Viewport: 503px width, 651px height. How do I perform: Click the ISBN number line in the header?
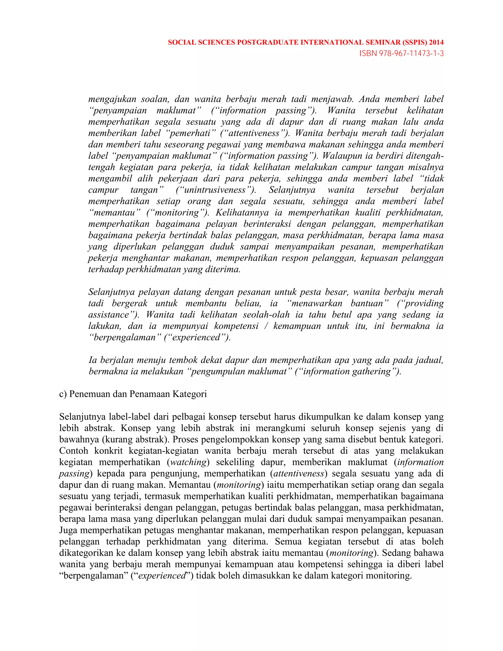401,53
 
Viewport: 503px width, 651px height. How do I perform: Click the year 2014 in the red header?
436,42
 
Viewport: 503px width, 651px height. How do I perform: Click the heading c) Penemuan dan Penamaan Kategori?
133,394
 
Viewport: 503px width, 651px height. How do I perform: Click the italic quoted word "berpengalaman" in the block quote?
125,338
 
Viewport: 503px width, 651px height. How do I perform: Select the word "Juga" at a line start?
68,530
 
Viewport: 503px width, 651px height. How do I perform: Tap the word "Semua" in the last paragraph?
288,542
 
